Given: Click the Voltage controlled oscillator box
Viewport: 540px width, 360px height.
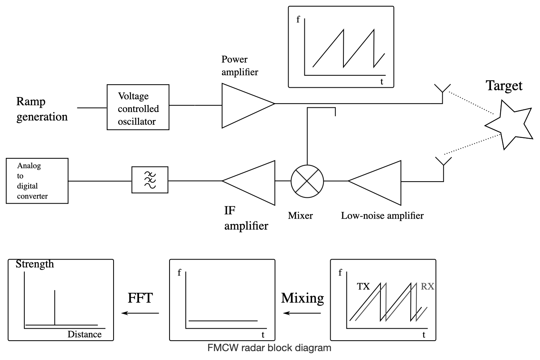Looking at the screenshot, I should click(x=138, y=107).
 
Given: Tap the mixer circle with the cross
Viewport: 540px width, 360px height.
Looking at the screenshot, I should click(x=307, y=181).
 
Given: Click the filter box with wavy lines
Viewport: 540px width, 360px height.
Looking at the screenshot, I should click(x=150, y=180).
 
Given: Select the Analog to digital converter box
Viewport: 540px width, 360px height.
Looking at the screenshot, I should click(x=37, y=181).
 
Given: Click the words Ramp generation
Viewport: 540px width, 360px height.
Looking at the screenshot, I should click(x=42, y=109).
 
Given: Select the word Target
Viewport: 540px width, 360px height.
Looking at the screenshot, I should click(x=504, y=85).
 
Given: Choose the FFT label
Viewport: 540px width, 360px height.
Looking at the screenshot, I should click(x=140, y=298).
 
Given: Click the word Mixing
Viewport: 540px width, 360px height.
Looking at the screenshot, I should click(x=302, y=298).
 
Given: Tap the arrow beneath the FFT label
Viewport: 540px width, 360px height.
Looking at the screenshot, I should click(x=140, y=313).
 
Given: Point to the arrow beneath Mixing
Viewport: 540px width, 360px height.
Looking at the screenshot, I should click(x=302, y=313).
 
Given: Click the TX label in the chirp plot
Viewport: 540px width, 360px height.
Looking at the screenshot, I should click(x=363, y=287).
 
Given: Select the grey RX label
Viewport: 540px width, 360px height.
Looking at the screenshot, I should click(x=428, y=287).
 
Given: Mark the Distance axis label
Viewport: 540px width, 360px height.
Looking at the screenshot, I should click(x=85, y=335).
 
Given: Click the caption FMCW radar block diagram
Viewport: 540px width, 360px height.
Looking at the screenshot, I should click(x=269, y=348).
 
